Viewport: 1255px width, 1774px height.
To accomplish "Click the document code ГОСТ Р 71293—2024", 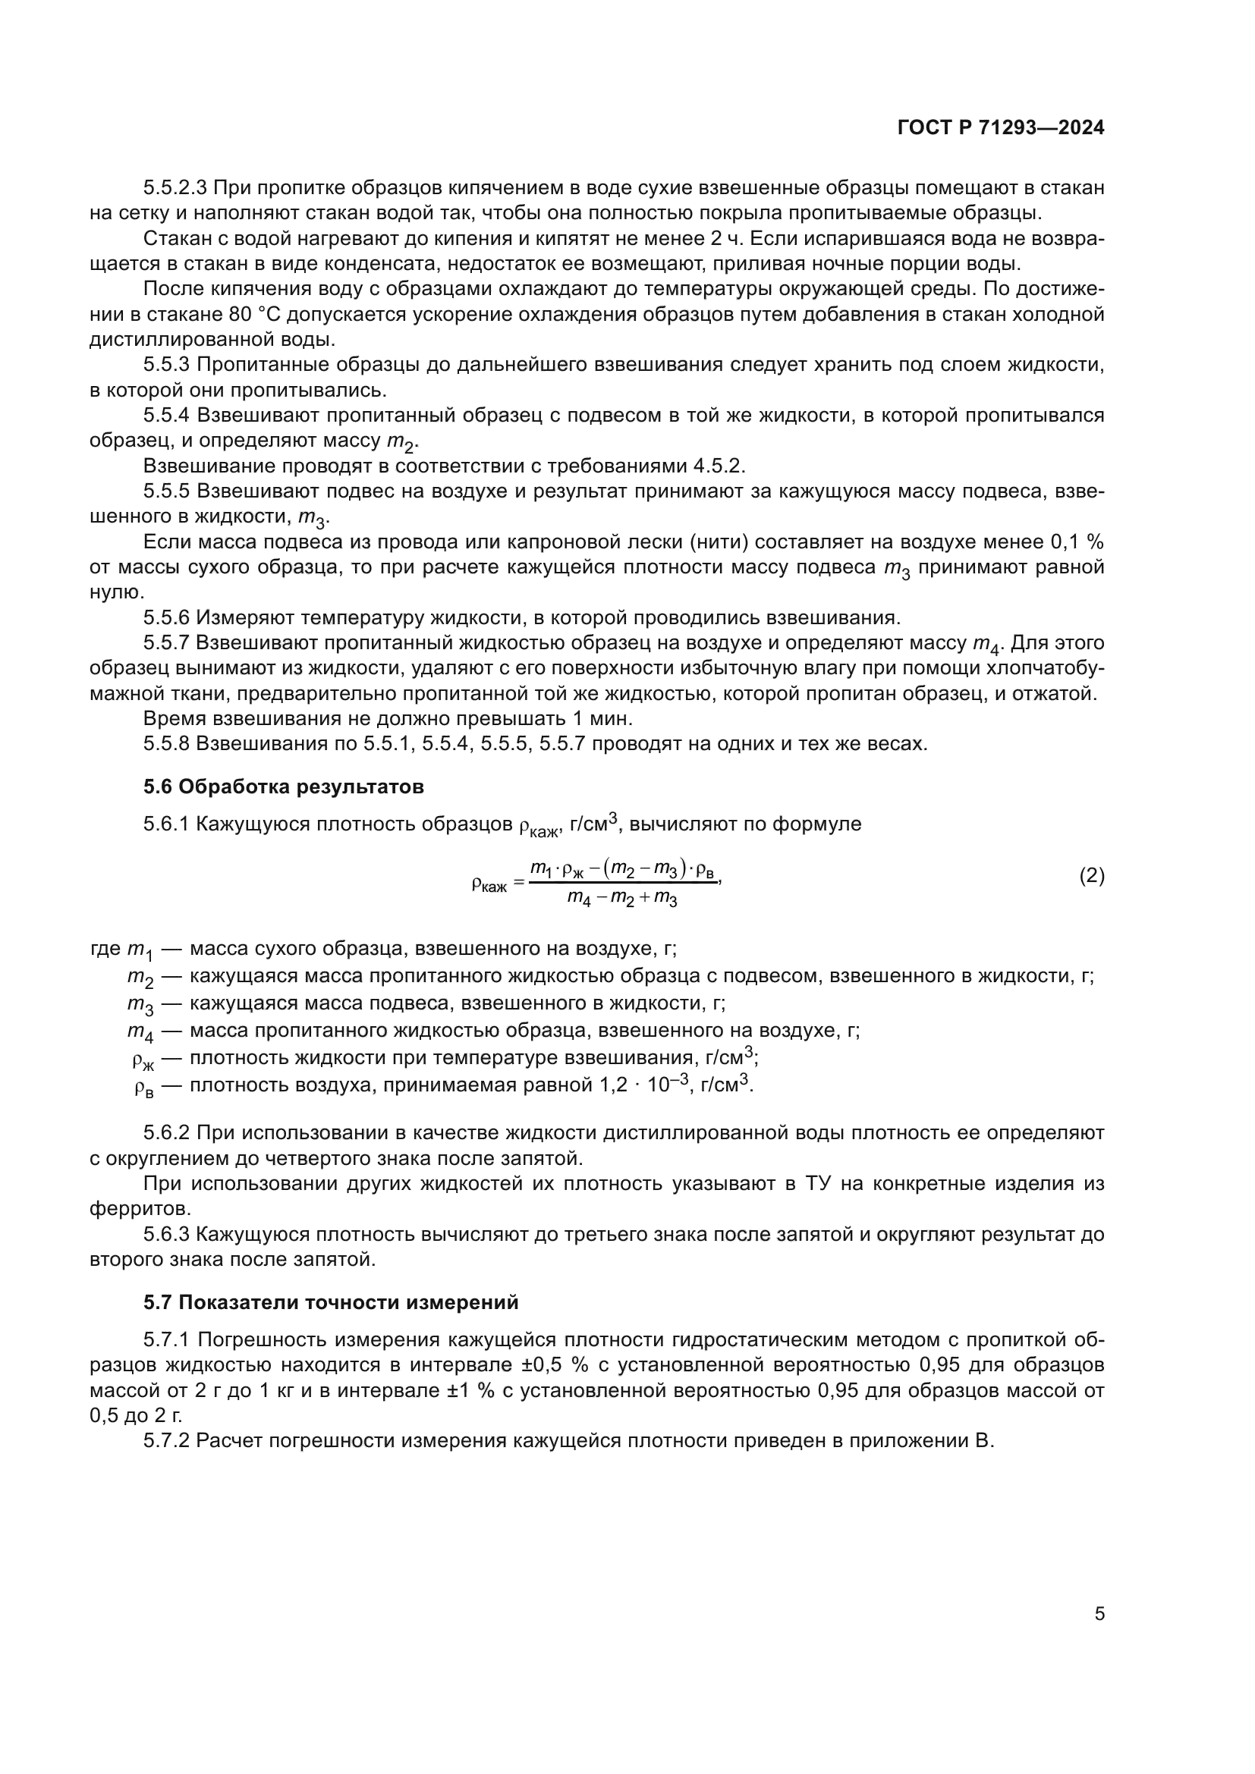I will (1001, 128).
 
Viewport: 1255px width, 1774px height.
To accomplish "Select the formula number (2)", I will (1091, 875).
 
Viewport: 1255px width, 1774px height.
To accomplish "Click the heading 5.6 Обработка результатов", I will (284, 787).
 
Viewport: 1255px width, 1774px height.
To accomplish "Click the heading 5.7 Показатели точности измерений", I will (331, 1303).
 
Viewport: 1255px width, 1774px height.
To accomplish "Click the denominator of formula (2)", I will (622, 898).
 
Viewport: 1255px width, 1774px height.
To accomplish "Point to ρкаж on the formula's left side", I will (489, 884).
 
